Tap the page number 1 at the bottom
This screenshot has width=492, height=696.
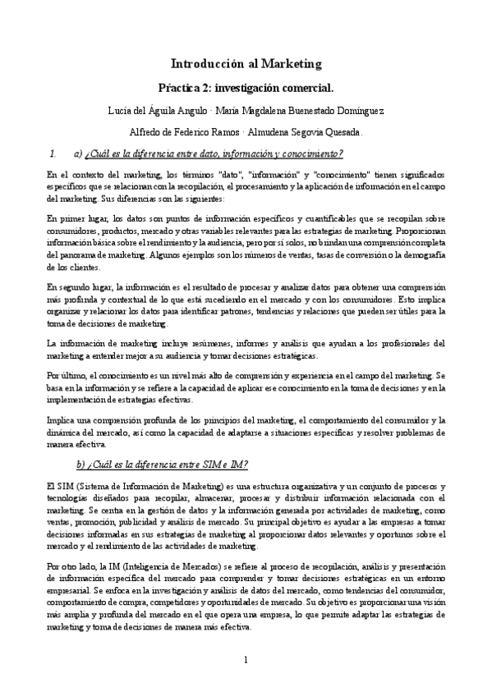(246, 661)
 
